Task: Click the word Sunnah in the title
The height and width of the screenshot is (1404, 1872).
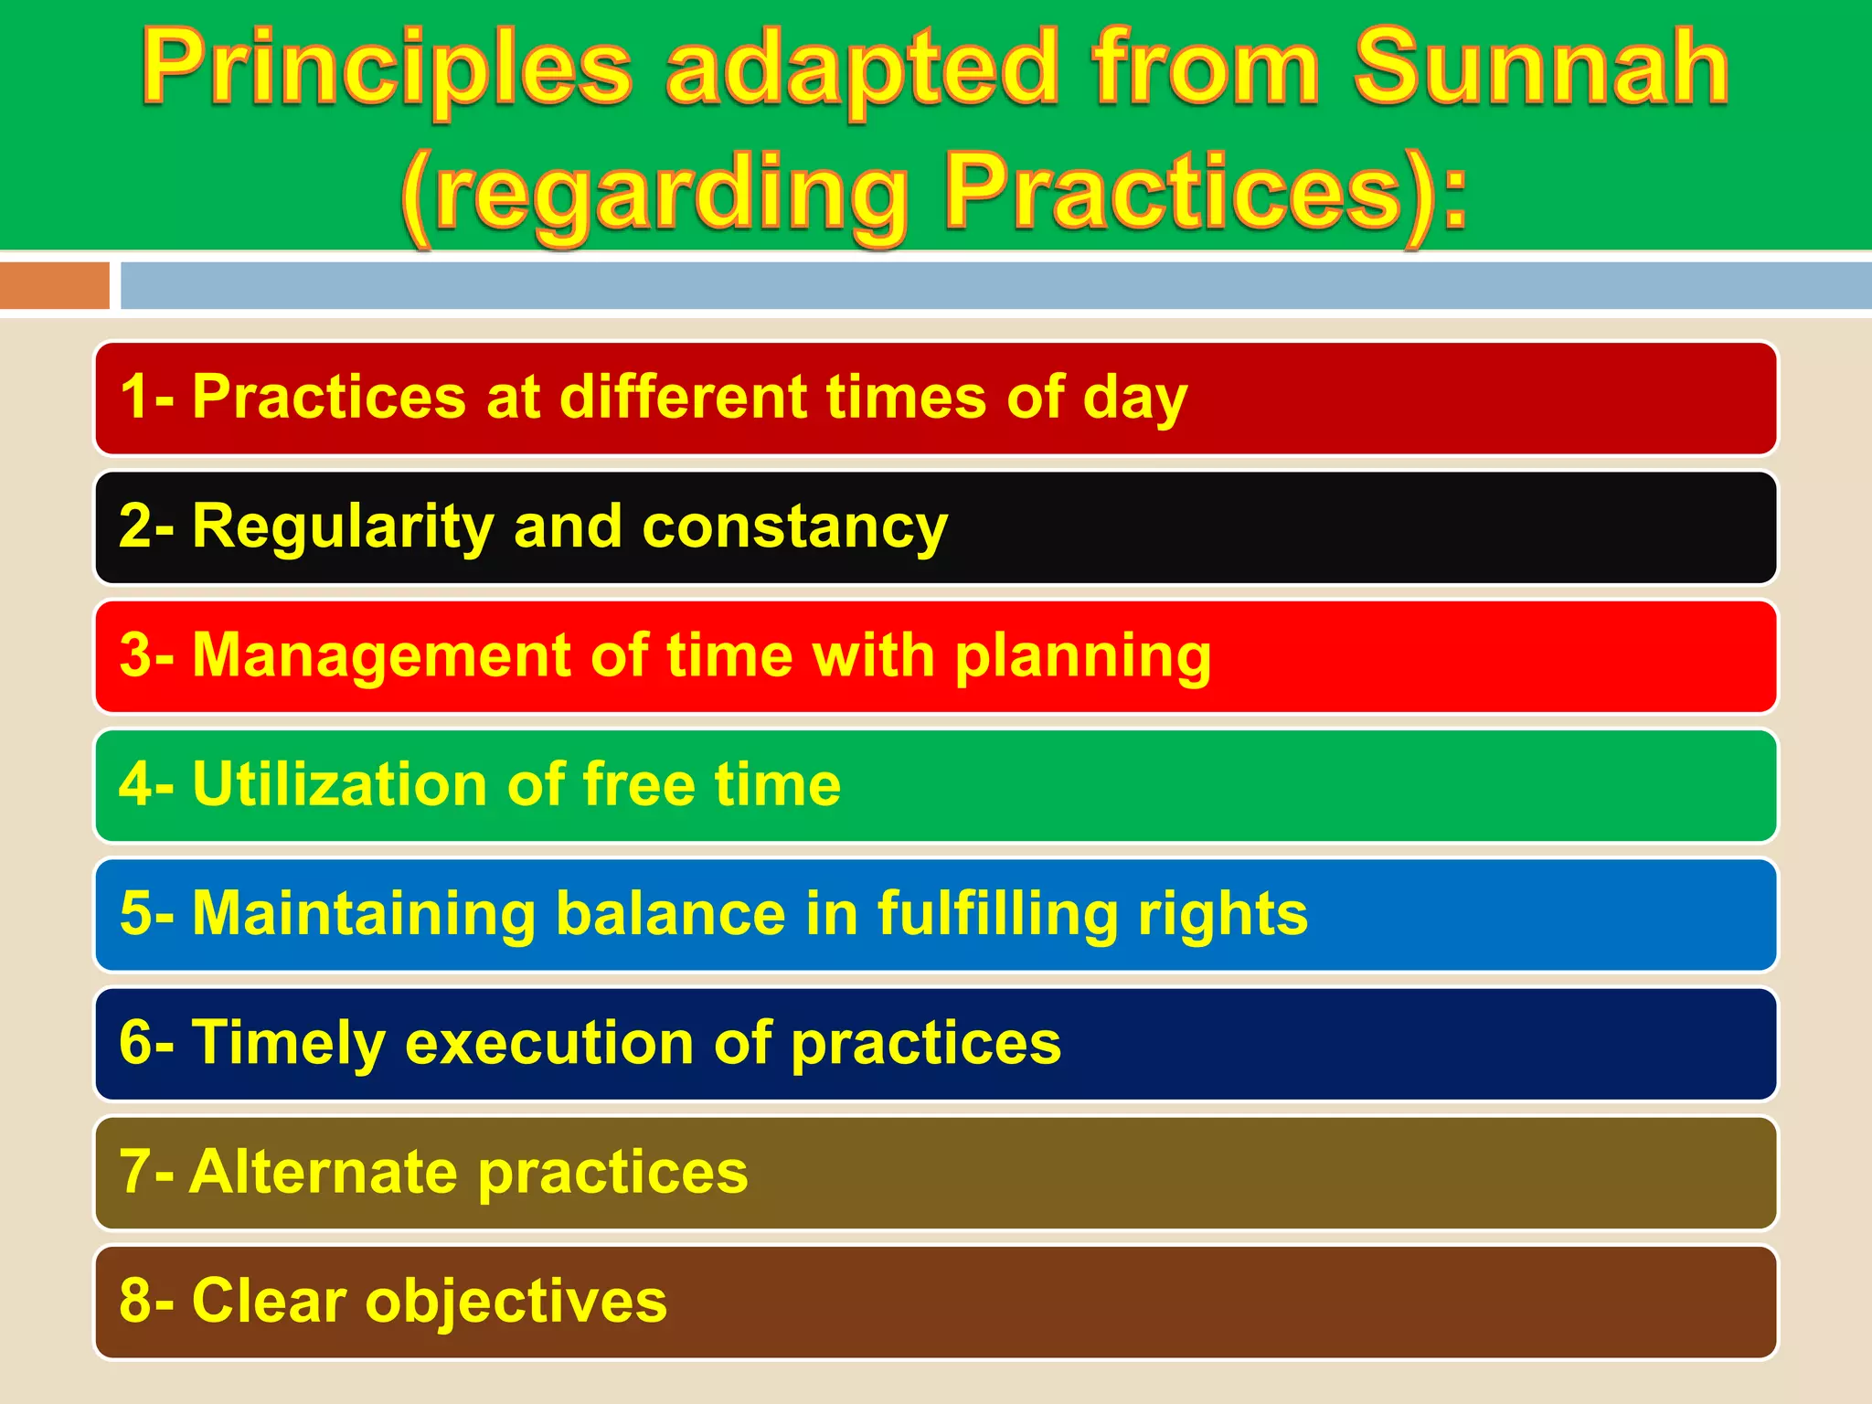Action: pyautogui.click(x=1541, y=68)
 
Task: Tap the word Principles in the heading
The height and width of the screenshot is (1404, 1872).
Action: pyautogui.click(x=387, y=69)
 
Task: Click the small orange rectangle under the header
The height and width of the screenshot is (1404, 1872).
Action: pyautogui.click(x=54, y=285)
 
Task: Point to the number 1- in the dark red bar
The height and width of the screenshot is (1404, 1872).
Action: pyautogui.click(x=146, y=398)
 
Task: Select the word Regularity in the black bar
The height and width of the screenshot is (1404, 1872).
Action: pyautogui.click(x=343, y=527)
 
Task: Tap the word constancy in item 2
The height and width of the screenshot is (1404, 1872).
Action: pyautogui.click(x=794, y=527)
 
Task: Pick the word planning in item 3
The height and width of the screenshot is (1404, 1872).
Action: pyautogui.click(x=1082, y=656)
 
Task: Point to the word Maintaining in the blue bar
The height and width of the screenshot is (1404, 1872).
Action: pyautogui.click(x=364, y=914)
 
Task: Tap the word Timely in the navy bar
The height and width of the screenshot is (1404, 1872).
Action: pyautogui.click(x=288, y=1044)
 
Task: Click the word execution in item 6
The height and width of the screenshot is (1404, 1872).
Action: pyautogui.click(x=549, y=1044)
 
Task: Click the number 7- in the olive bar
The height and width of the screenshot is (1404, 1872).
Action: pyautogui.click(x=146, y=1173)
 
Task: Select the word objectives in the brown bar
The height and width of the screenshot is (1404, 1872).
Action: pyautogui.click(x=516, y=1302)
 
